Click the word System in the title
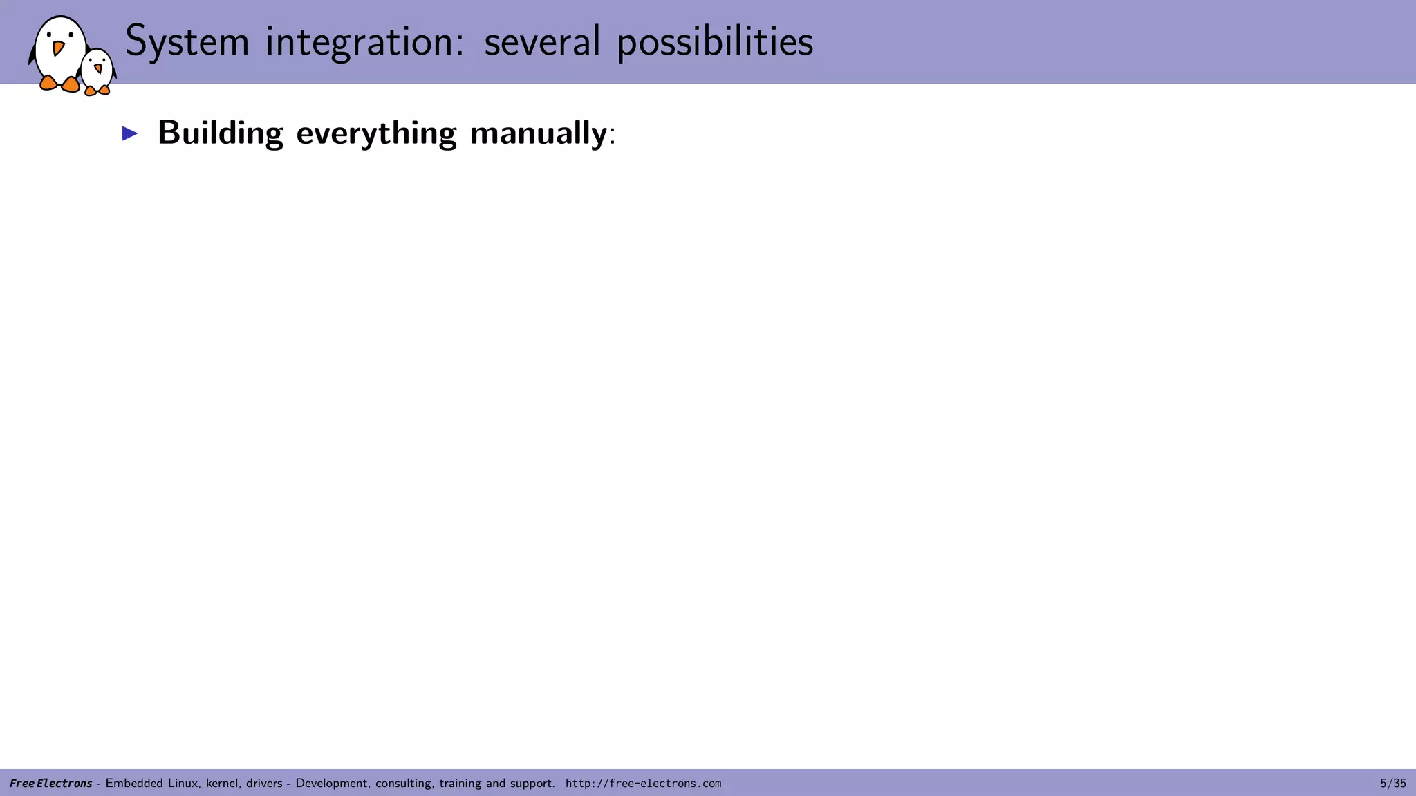187,41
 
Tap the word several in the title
542,41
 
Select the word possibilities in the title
715,41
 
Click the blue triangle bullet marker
130,133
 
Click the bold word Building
220,133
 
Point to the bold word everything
376,133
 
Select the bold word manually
538,133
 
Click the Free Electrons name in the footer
50,783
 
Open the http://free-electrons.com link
643,783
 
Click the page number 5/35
1392,783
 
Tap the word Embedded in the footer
134,783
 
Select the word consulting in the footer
405,783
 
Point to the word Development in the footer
333,783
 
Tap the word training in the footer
460,783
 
